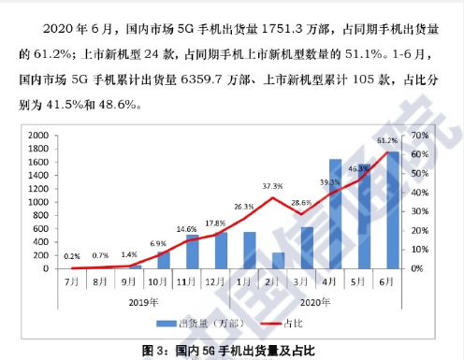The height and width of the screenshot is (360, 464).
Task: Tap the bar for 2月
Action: [278, 260]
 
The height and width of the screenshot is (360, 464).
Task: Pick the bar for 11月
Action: [193, 252]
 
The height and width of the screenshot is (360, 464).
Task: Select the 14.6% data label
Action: [186, 228]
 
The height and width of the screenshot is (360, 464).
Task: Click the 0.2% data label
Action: [72, 255]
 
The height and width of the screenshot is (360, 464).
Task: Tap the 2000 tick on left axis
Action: [38, 136]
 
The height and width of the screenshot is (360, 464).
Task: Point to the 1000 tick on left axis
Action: [38, 202]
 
